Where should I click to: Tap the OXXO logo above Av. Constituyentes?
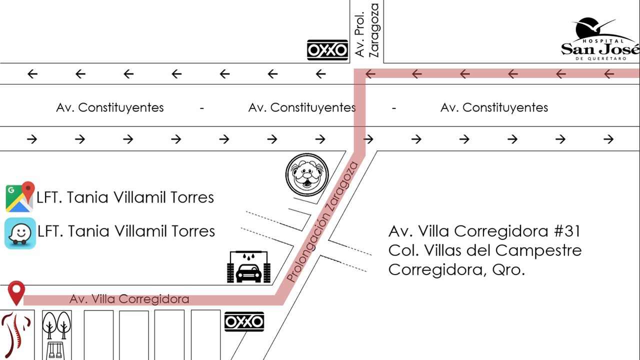327,50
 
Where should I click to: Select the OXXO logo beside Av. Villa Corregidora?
244,322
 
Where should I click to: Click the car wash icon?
248,267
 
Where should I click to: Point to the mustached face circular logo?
307,174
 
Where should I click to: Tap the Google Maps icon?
20,197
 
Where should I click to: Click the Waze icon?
20,233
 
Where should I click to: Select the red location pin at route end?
16,292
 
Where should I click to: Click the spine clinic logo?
16,335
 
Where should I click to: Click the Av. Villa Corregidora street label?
129,299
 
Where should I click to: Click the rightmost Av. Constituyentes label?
494,107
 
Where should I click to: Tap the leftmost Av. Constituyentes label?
110,107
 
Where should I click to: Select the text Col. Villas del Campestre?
485,250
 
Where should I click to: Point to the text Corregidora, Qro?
456,269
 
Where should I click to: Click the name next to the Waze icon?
126,231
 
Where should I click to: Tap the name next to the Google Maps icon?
125,197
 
